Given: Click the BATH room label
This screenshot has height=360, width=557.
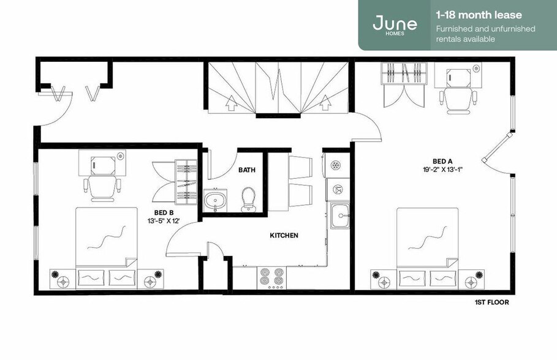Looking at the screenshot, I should click(x=248, y=171).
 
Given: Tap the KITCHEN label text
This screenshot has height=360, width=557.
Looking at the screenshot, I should click(x=284, y=235).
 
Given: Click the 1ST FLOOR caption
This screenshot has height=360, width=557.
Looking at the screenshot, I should click(x=491, y=302).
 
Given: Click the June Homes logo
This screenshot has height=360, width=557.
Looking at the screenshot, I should click(x=395, y=24).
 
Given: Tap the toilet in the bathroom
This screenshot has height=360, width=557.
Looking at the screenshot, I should click(x=248, y=198).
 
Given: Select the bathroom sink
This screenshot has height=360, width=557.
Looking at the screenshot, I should click(x=215, y=200).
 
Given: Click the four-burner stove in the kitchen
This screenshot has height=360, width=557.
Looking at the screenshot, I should click(x=271, y=277).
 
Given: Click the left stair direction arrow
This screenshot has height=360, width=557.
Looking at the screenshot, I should click(x=231, y=105).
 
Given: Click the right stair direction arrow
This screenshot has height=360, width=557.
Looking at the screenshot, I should click(x=325, y=105).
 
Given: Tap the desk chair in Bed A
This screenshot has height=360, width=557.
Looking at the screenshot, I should click(x=455, y=99).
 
